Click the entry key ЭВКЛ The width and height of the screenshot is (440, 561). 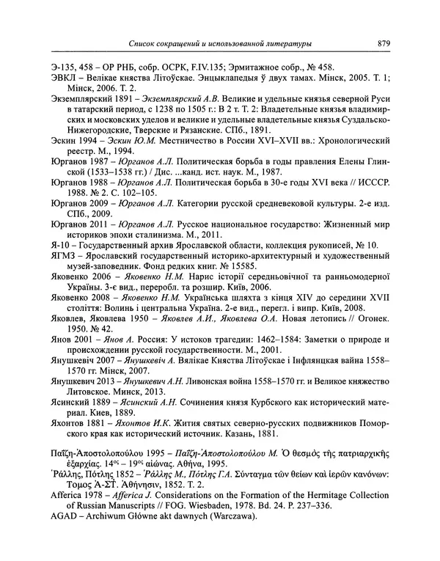[63, 73]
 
